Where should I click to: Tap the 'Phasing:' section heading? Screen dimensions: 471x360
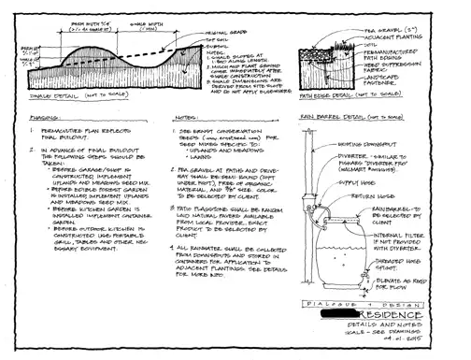coord(33,119)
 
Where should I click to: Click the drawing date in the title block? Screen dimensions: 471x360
coord(393,339)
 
